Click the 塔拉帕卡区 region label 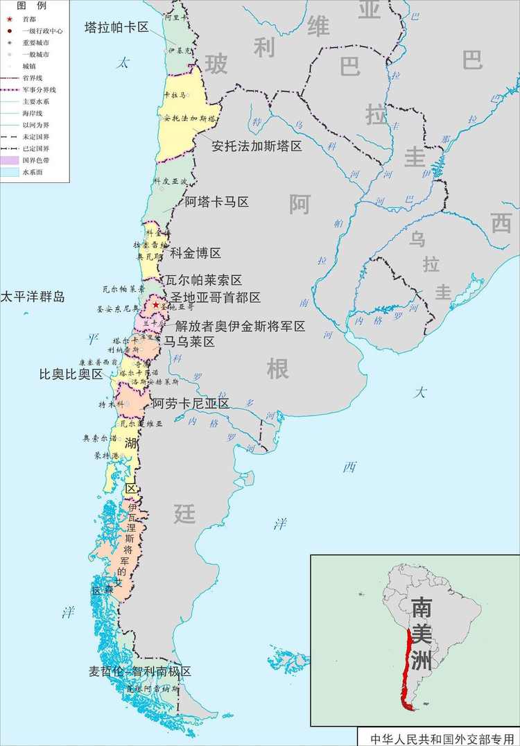(x=116, y=28)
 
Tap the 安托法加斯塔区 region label (x=257, y=147)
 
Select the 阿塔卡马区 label (x=216, y=202)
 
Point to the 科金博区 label (x=196, y=253)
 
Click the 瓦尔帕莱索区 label (x=204, y=281)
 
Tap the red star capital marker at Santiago (x=156, y=304)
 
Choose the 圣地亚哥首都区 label (x=216, y=298)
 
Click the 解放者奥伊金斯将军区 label (x=240, y=326)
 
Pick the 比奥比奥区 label (x=70, y=374)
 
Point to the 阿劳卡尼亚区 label (x=191, y=404)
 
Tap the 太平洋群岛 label (x=33, y=297)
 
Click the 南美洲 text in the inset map (x=421, y=633)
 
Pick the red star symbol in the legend (x=9, y=19)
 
